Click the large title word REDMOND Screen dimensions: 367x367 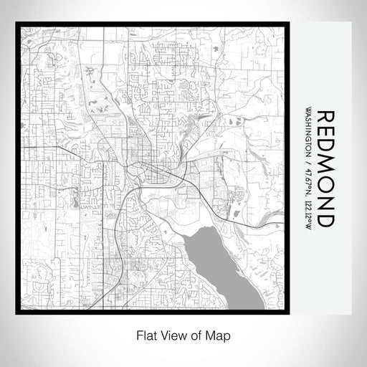point(325,170)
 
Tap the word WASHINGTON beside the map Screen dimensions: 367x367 point(308,135)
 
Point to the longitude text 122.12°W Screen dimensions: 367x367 point(308,214)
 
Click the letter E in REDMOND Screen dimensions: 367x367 point(325,132)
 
